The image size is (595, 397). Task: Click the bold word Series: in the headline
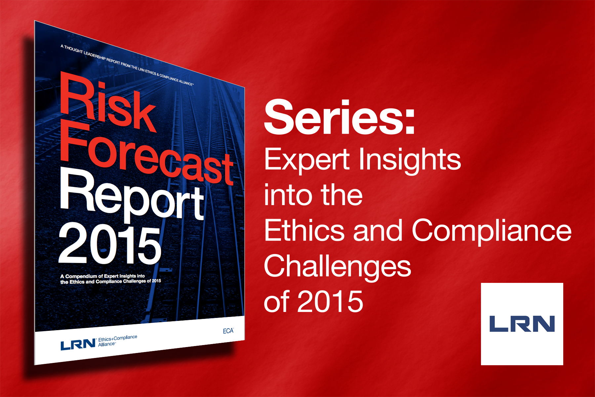pos(339,117)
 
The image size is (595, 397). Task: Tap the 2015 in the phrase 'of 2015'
pos(330,301)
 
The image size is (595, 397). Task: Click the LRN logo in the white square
pos(522,324)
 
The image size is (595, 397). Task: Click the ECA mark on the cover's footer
pos(228,331)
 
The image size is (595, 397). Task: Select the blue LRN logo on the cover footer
pos(78,345)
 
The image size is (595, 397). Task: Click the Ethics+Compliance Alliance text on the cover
pos(117,341)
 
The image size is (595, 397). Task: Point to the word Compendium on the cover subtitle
pos(81,276)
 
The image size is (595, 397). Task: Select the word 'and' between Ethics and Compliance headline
pos(378,230)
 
